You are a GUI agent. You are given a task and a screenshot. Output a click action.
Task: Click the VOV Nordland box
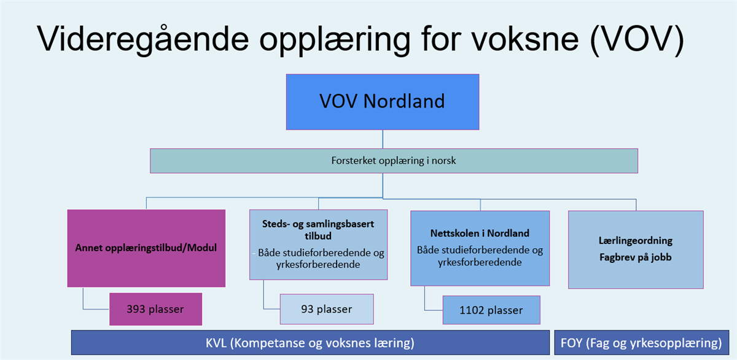point(383,102)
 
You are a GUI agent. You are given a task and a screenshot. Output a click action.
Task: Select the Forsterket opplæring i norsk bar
point(394,161)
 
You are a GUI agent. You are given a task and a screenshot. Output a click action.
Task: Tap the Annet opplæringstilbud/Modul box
point(146,248)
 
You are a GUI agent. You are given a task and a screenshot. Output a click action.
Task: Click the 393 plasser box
point(155,310)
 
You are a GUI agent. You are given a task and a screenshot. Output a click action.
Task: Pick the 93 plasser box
point(327,310)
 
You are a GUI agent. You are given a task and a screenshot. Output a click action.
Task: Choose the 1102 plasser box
point(491,310)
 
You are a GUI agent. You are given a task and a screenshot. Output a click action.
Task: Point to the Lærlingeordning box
point(636,250)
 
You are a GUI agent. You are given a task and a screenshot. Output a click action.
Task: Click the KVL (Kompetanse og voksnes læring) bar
point(310,343)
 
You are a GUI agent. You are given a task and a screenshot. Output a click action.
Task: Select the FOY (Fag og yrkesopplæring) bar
point(642,343)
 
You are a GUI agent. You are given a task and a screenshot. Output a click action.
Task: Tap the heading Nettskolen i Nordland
point(480,233)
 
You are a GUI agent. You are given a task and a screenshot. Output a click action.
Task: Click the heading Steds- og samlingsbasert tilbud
point(318,230)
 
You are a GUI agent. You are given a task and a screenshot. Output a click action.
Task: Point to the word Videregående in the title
point(142,39)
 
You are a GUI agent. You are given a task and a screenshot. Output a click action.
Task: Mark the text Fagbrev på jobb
point(635,257)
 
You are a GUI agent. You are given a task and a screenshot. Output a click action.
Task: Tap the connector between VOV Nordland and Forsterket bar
point(383,139)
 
